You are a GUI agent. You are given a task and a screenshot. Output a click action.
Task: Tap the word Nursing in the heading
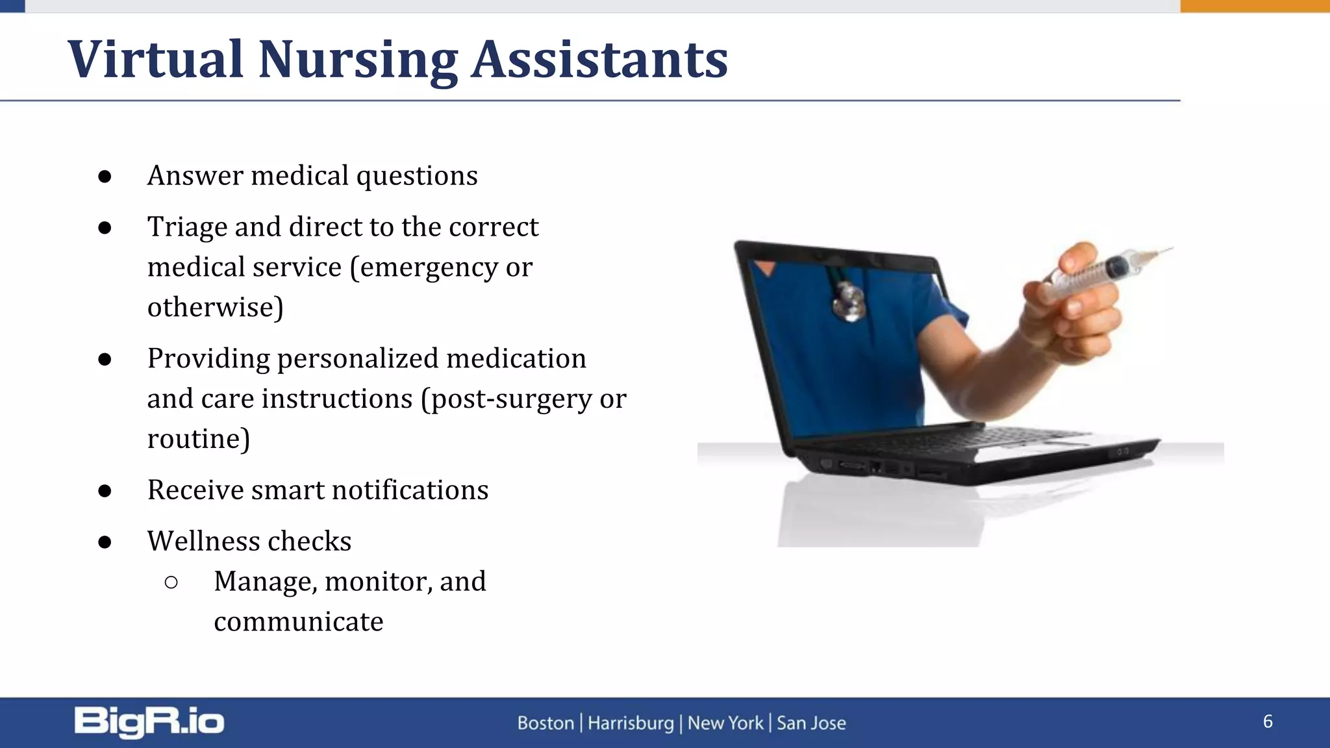[358, 60]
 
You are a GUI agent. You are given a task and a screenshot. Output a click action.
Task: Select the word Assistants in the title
[599, 60]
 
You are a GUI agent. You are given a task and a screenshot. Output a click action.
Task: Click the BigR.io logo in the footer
[149, 722]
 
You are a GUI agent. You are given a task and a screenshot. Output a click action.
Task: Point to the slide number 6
[1268, 721]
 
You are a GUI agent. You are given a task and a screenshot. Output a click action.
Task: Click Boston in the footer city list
[546, 723]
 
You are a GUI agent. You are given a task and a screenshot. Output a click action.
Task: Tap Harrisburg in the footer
[631, 723]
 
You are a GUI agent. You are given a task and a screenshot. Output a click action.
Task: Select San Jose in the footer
[811, 723]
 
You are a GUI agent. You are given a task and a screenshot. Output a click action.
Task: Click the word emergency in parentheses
[429, 268]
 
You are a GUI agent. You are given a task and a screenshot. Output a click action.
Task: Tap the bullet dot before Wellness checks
[105, 542]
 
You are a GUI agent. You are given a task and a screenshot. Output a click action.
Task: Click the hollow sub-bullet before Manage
[171, 582]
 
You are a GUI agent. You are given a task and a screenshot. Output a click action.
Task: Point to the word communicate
[299, 622]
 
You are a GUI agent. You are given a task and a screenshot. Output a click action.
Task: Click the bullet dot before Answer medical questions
[105, 177]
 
